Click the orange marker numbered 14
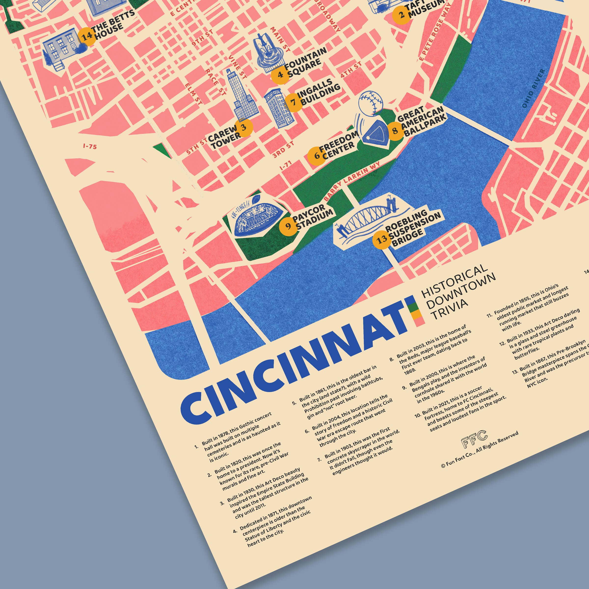point(87,37)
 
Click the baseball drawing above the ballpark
point(370,103)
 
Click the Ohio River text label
point(534,88)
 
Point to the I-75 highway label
point(90,147)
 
